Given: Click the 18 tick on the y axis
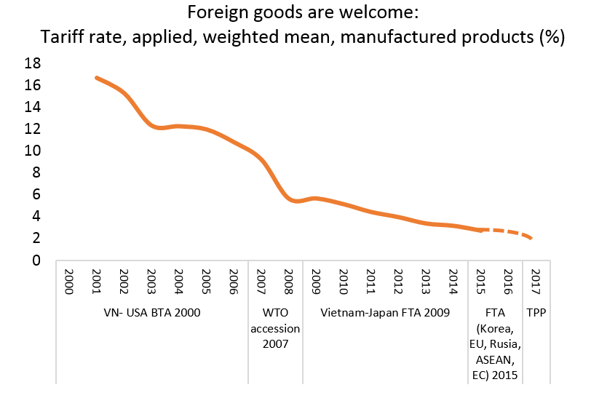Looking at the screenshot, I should coord(31,63).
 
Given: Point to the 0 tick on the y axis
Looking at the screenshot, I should coord(35,260).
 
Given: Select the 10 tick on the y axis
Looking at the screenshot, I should coord(31,151).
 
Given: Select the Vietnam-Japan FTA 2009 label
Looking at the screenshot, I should coord(386,313).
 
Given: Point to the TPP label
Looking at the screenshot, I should coord(536,313).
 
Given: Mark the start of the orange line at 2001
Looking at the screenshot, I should coord(97,78).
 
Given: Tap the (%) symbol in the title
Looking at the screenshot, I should coord(552,37).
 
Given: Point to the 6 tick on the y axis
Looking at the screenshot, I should coord(35,194).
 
